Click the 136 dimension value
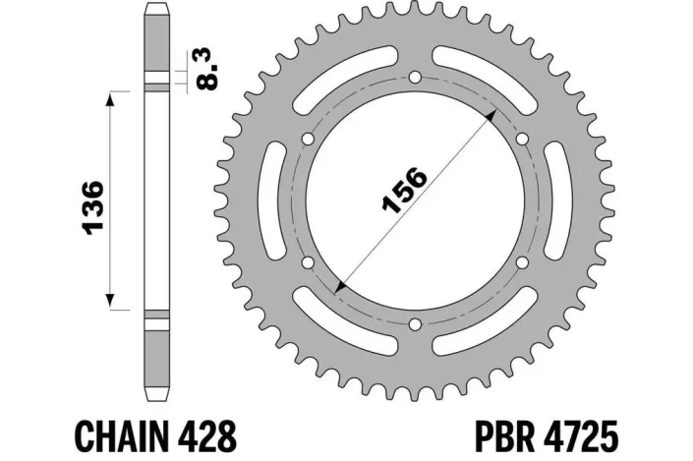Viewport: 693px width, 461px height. point(95,206)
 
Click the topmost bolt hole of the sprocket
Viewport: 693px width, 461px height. point(415,78)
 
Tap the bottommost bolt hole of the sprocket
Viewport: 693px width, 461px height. point(415,324)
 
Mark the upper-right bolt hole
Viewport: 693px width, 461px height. point(522,139)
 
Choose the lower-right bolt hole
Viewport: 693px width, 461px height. point(522,262)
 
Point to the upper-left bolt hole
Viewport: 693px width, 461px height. point(308,139)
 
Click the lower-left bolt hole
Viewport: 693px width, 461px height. point(308,262)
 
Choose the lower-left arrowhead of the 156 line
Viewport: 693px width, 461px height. point(340,286)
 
